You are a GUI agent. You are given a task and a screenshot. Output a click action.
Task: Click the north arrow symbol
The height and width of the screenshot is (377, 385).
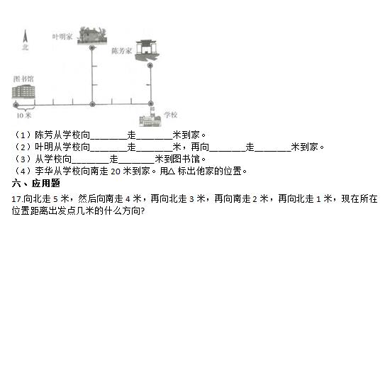click(25, 36)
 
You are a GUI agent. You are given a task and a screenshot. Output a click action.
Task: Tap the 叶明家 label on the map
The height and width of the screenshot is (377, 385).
click(62, 37)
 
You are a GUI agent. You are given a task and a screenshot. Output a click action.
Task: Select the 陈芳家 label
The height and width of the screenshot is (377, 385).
click(122, 51)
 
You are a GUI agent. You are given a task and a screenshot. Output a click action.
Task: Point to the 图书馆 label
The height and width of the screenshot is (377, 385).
click(23, 79)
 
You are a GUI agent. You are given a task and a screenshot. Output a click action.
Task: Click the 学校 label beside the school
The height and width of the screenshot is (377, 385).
click(171, 115)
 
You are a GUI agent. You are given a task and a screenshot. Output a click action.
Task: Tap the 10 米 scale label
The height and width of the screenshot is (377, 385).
click(24, 116)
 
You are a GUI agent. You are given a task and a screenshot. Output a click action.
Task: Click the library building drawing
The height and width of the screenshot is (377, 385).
click(23, 91)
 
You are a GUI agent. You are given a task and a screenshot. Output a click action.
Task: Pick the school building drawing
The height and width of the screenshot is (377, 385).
click(150, 118)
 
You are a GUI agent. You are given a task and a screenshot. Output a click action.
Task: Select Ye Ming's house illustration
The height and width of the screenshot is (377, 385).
click(92, 36)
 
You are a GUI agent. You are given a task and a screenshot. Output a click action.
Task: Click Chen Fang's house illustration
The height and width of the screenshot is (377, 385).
click(147, 50)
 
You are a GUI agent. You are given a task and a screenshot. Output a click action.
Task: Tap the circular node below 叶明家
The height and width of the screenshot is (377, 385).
click(92, 48)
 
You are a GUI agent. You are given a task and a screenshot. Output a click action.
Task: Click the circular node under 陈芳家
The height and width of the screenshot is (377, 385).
click(150, 65)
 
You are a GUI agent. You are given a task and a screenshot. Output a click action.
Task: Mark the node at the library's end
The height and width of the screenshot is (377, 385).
click(16, 105)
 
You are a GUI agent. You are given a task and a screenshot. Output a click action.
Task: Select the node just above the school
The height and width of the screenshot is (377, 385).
click(151, 103)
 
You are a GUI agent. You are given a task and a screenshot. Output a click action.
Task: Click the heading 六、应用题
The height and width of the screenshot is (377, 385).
click(36, 183)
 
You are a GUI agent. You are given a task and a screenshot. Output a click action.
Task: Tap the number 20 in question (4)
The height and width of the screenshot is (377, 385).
click(116, 171)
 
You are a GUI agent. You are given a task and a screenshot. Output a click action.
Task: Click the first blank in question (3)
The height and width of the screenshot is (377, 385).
click(90, 159)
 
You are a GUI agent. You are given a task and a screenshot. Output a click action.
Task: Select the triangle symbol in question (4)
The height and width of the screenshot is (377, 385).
click(172, 171)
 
